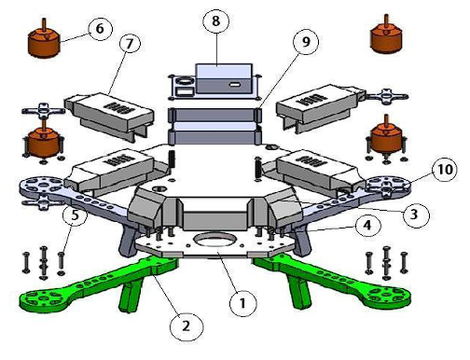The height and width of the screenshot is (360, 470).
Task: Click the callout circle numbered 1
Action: coord(243,303)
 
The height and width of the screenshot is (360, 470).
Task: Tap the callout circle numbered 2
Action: coord(187,326)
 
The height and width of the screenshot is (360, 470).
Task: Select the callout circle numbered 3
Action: coord(414,215)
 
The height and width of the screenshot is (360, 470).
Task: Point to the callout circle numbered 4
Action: coord(367,226)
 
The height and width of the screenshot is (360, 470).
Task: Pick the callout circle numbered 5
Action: coord(75,215)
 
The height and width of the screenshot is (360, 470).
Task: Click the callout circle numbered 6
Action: coord(100,29)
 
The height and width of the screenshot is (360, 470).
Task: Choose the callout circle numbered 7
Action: coord(130,44)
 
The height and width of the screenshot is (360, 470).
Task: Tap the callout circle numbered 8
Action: coord(216,21)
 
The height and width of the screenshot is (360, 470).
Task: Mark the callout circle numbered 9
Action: coord(306,42)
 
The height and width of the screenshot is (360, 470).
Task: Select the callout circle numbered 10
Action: coord(445,170)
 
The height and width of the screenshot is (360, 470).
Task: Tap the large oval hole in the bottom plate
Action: coord(214,240)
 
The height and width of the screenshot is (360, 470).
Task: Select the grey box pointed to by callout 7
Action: coord(109,117)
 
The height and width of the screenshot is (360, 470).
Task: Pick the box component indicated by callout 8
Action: coord(223,79)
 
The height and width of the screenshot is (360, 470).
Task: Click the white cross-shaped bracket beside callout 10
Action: coord(387,187)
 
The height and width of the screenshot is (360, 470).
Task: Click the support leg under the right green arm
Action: coord(299,292)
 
